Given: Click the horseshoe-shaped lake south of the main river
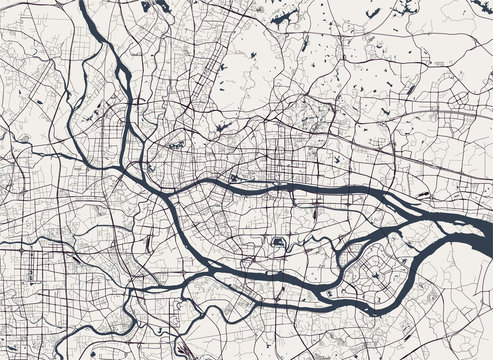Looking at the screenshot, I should point(277,242).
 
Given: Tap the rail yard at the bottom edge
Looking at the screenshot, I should point(176,350).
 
